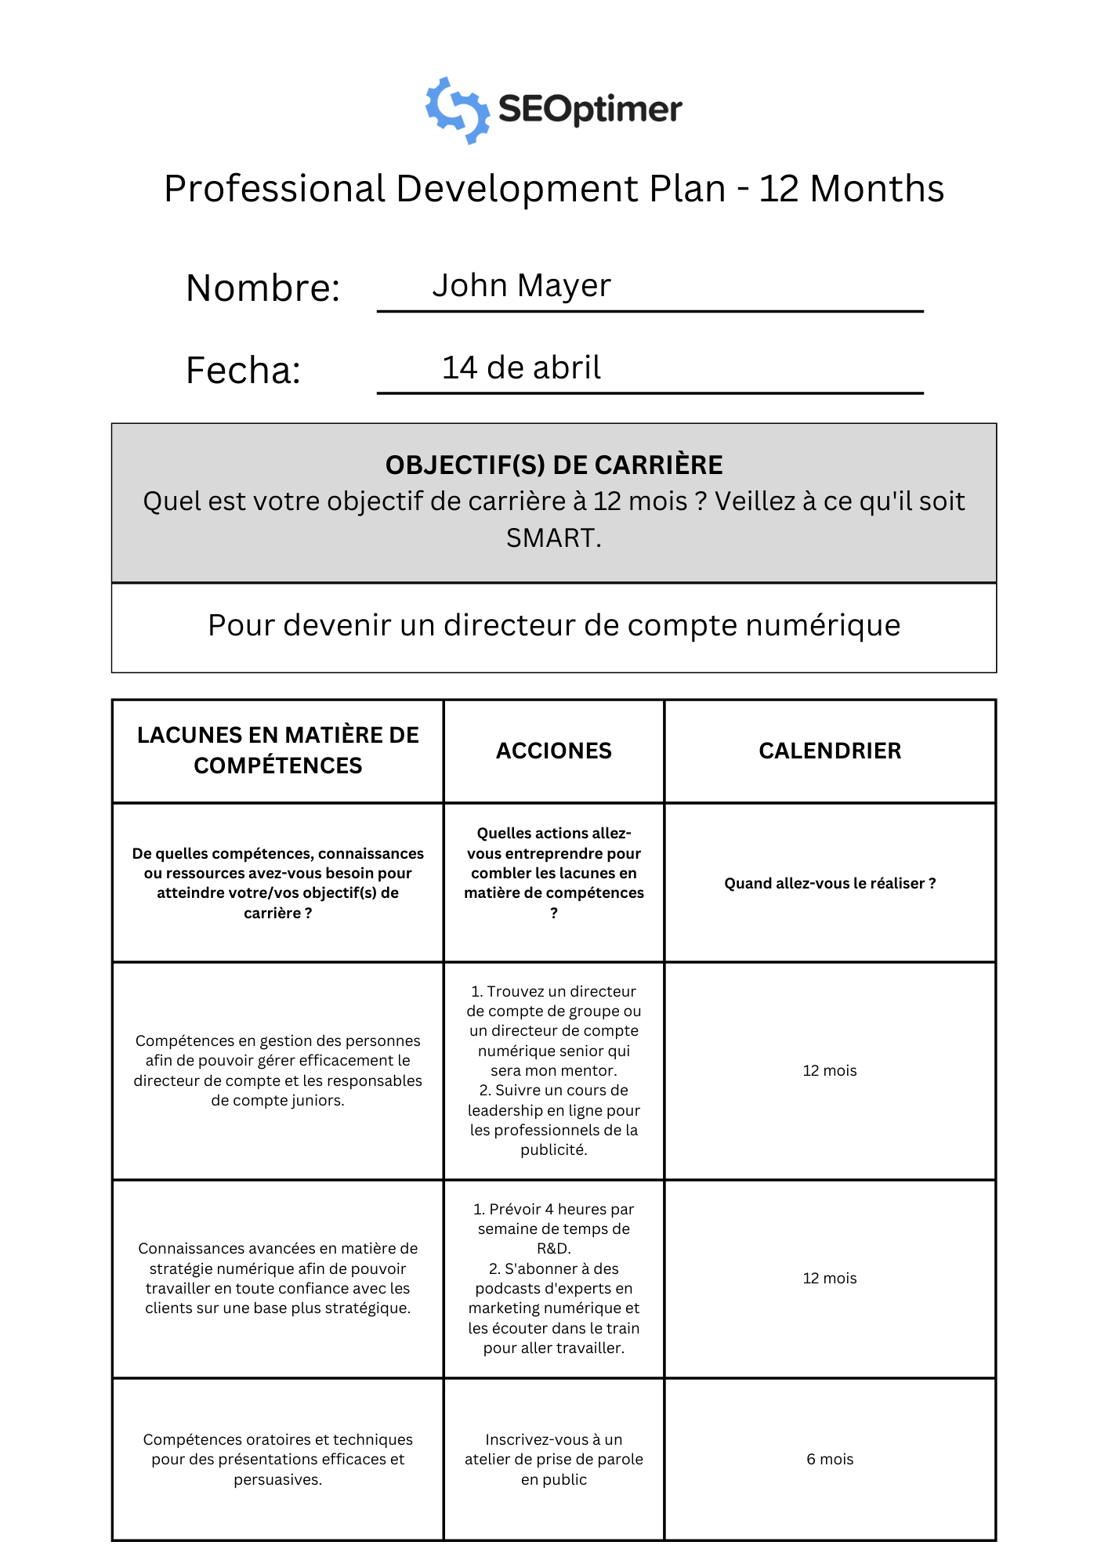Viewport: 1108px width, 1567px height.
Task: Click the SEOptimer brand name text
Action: [x=590, y=109]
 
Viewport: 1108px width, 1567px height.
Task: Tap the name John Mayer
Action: [x=521, y=285]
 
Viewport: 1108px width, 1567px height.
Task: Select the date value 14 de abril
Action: [x=521, y=367]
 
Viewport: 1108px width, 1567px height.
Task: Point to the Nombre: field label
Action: [x=263, y=288]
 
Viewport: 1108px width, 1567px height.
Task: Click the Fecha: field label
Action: [x=243, y=370]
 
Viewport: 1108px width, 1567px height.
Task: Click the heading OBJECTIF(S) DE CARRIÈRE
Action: [x=553, y=465]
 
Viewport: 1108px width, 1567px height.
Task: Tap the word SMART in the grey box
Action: [x=552, y=538]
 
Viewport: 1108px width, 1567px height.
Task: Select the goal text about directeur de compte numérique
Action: [x=553, y=625]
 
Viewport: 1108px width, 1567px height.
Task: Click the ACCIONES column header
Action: [x=553, y=751]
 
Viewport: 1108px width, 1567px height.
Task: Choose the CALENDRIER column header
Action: [x=830, y=751]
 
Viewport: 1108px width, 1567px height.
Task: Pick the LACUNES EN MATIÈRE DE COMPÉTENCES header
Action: [x=277, y=750]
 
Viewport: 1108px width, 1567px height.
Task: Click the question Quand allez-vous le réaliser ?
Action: [x=830, y=883]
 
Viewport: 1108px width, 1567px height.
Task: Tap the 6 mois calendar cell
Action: [x=830, y=1459]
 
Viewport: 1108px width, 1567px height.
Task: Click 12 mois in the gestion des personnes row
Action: [x=830, y=1070]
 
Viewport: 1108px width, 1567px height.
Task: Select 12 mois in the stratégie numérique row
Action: [x=830, y=1278]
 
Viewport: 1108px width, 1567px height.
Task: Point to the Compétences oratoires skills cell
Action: [x=277, y=1459]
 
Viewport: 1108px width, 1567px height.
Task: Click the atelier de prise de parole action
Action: [x=553, y=1459]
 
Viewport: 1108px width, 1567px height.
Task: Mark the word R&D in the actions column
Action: [x=553, y=1248]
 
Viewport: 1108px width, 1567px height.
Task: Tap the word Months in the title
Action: [x=876, y=189]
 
